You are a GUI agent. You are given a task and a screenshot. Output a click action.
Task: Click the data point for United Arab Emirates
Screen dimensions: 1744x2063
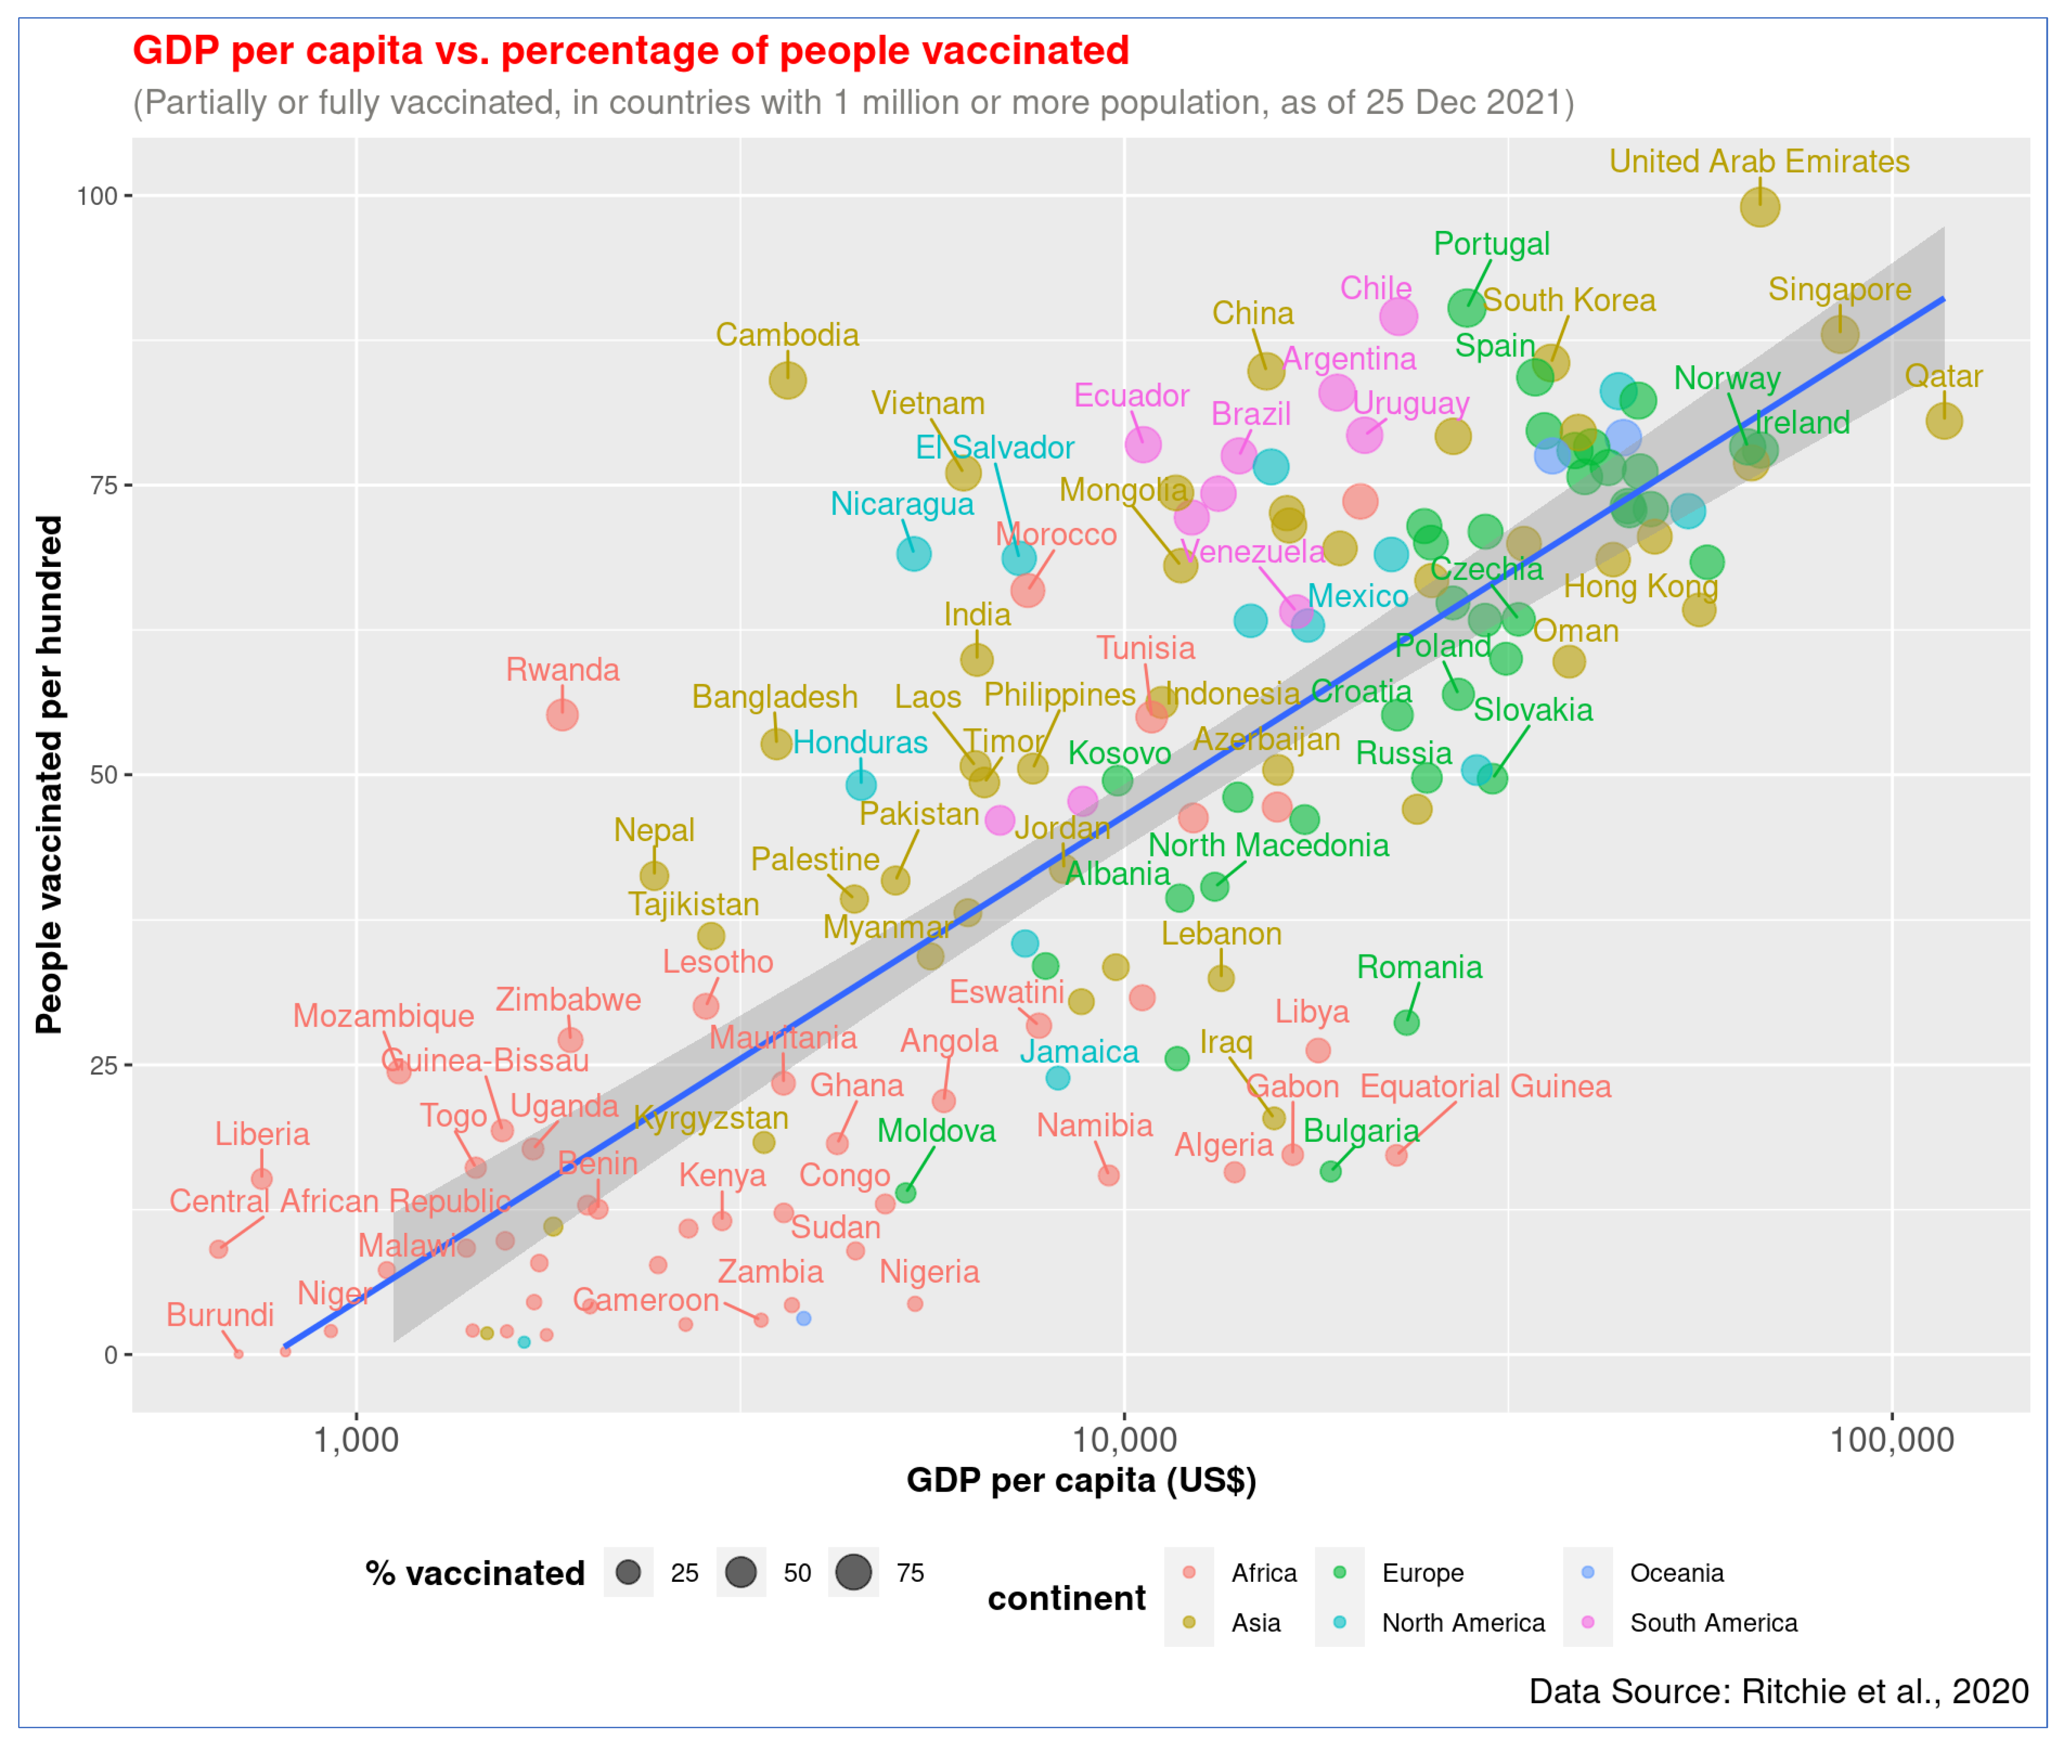pyautogui.click(x=1759, y=208)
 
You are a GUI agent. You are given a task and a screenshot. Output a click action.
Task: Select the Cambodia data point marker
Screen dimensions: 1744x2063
pyautogui.click(x=787, y=381)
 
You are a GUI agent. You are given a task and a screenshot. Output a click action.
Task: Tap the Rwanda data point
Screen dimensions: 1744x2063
pyautogui.click(x=562, y=715)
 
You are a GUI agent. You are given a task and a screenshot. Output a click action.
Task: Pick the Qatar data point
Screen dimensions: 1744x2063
pyautogui.click(x=1944, y=421)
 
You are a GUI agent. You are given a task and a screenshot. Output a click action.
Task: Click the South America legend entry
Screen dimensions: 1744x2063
pyautogui.click(x=1713, y=1622)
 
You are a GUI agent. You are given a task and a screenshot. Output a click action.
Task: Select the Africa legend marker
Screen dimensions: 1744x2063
pyautogui.click(x=1189, y=1572)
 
